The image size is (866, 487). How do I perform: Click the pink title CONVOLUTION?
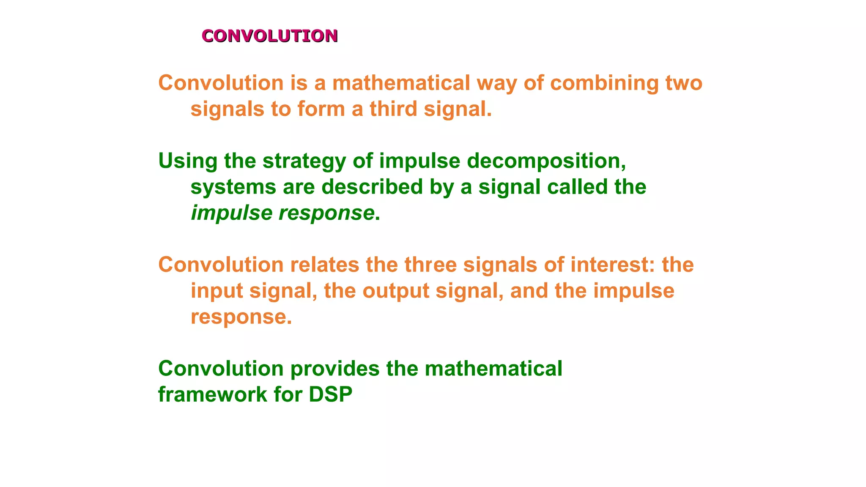pos(269,36)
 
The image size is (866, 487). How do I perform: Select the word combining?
pos(604,83)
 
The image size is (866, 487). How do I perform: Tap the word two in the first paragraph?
pos(684,83)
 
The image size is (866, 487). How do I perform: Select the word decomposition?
pos(546,161)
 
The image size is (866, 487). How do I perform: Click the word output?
pos(396,291)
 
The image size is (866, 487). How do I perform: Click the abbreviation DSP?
pos(330,395)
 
